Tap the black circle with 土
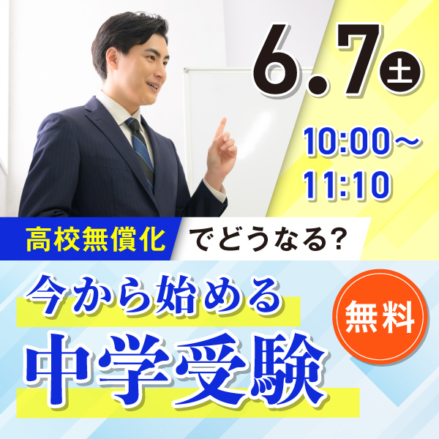[x=399, y=72]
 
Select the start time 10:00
[x=346, y=140]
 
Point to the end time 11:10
[x=347, y=185]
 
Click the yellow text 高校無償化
[x=95, y=239]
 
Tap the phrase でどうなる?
[x=266, y=240]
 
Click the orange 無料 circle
[x=380, y=317]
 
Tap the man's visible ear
[x=113, y=59]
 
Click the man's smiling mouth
[x=154, y=85]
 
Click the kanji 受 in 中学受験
[x=211, y=370]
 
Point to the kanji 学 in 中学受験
[x=134, y=370]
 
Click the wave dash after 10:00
[x=406, y=140]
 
